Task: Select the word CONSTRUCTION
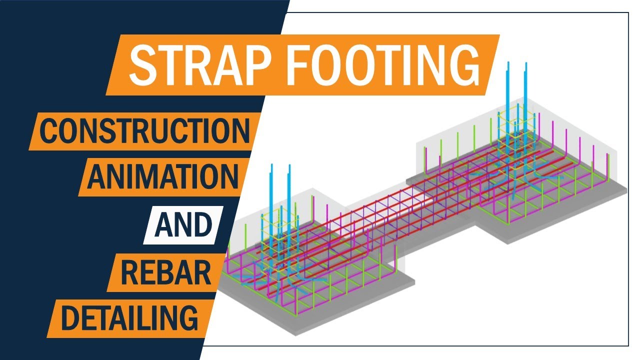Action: [x=144, y=131]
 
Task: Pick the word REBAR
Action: [x=166, y=271]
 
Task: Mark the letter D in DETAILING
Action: [x=71, y=317]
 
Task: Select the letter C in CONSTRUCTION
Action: [x=48, y=131]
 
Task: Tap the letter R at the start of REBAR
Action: [x=129, y=271]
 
